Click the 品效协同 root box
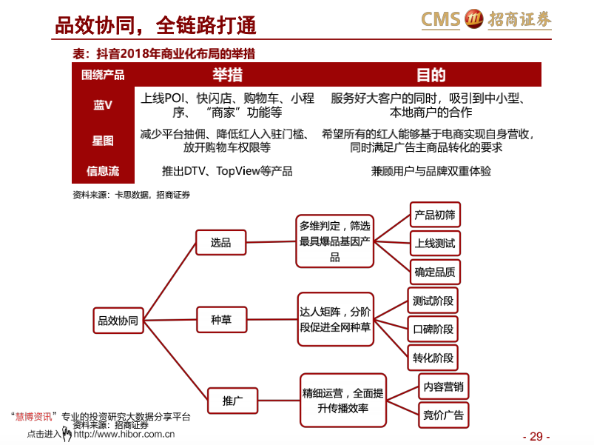coord(118,321)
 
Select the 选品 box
coord(221,242)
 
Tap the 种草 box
coord(222,320)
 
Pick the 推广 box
coord(232,401)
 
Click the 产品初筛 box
coord(435,215)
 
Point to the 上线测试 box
coord(435,244)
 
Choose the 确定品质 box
coord(435,272)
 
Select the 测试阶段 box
coord(433,301)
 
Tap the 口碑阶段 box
coord(433,329)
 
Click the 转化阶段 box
coord(433,358)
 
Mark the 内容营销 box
coord(444,387)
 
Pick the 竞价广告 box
coord(444,415)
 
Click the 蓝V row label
coord(103,105)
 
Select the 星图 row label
coord(103,141)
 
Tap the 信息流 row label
coord(103,171)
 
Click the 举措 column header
coord(227,75)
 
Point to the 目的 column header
coord(431,75)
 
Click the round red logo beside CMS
coord(474,19)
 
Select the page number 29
coord(536,436)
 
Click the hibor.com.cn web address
coord(124,434)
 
